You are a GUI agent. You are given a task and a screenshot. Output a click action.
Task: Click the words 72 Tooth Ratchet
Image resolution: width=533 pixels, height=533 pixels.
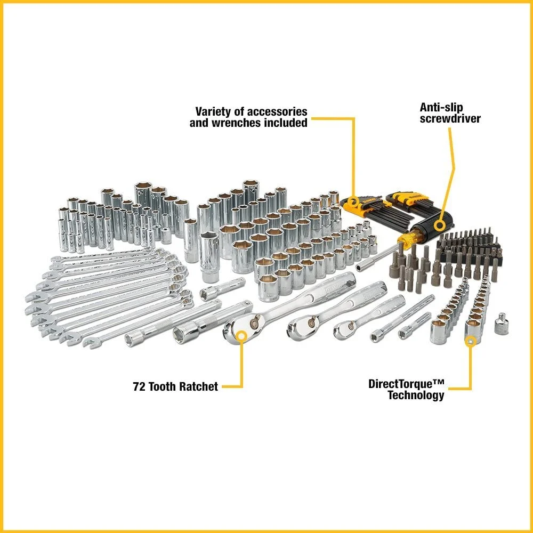(175, 387)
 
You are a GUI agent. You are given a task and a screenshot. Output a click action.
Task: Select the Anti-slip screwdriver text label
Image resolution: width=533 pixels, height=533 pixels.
(450, 112)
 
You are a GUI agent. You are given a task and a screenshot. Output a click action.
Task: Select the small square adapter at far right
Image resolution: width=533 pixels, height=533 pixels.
(501, 326)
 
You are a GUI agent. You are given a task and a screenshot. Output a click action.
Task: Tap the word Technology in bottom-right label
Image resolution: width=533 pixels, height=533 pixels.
(416, 395)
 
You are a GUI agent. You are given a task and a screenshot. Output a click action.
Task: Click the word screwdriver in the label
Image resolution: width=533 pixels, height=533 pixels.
(450, 118)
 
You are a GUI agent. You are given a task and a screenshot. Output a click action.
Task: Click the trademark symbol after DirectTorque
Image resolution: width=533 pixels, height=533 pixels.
(438, 383)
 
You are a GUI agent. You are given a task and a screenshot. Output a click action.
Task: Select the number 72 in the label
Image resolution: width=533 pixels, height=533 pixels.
(139, 387)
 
